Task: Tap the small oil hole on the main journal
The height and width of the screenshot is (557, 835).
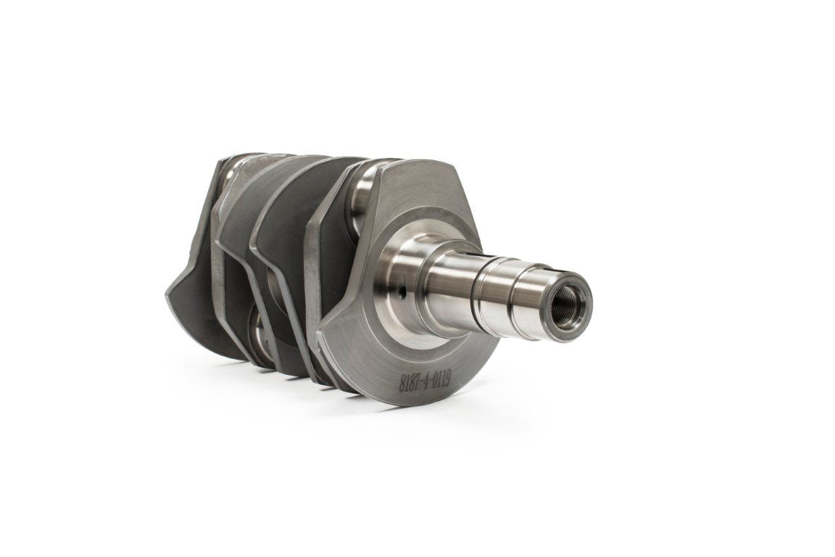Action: [x=404, y=291]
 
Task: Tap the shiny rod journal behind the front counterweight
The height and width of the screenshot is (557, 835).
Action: [x=365, y=186]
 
